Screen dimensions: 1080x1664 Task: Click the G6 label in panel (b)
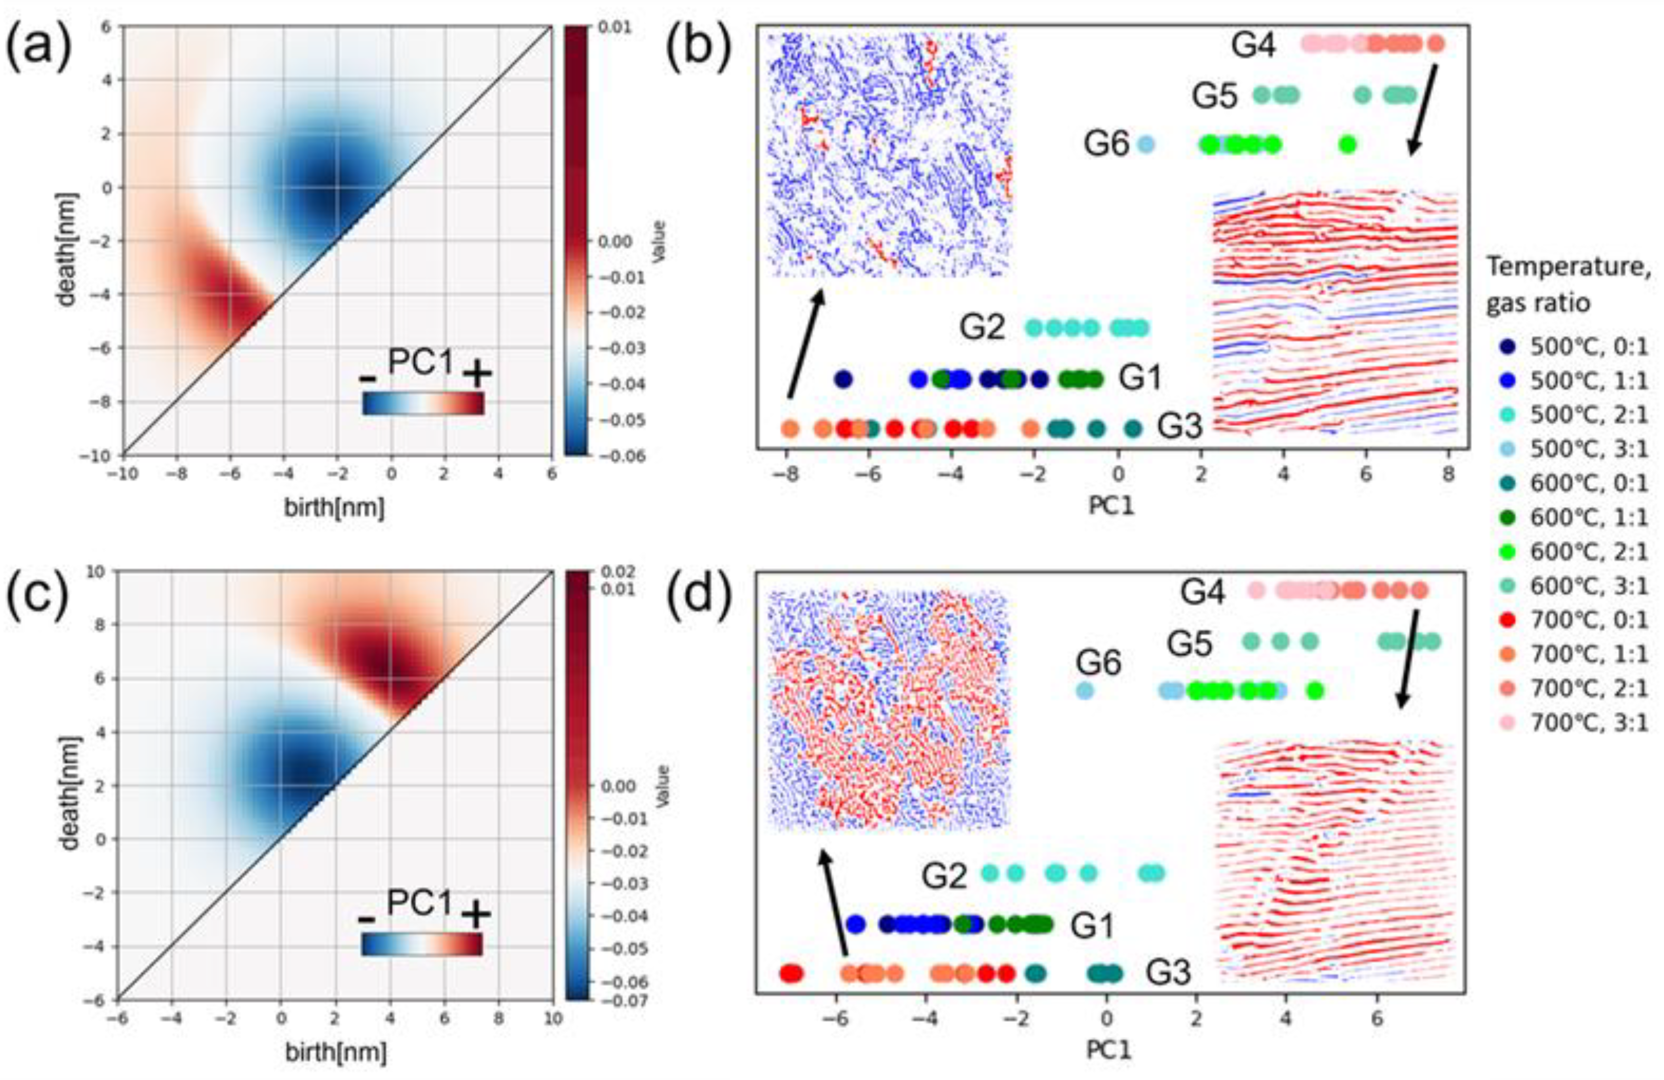click(1106, 145)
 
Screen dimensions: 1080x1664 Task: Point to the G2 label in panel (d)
click(944, 876)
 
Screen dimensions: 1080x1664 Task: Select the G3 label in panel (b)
click(1180, 426)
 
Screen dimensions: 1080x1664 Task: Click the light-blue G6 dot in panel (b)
click(1145, 145)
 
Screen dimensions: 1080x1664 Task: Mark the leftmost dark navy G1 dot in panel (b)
click(844, 379)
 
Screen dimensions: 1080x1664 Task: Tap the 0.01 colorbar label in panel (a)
click(615, 28)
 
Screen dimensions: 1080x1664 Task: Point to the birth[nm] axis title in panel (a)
click(334, 508)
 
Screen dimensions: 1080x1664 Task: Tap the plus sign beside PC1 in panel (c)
click(476, 914)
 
